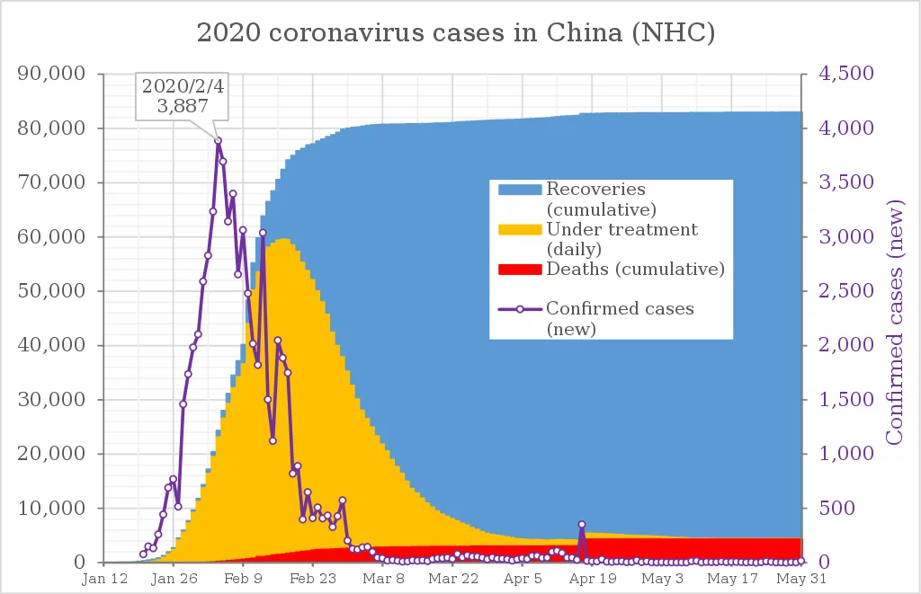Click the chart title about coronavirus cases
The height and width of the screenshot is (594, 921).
[x=456, y=33]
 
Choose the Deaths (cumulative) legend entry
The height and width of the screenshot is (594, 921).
[x=635, y=270]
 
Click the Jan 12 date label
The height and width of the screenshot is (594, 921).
[x=104, y=579]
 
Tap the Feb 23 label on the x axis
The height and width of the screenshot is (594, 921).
[x=313, y=579]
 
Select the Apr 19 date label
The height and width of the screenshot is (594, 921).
[x=593, y=579]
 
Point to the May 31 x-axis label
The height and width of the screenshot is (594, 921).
[x=800, y=579]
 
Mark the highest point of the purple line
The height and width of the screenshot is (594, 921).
[x=218, y=140]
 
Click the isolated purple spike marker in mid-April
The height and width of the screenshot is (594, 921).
[x=582, y=524]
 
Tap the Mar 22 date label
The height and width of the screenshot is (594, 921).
[x=452, y=579]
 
